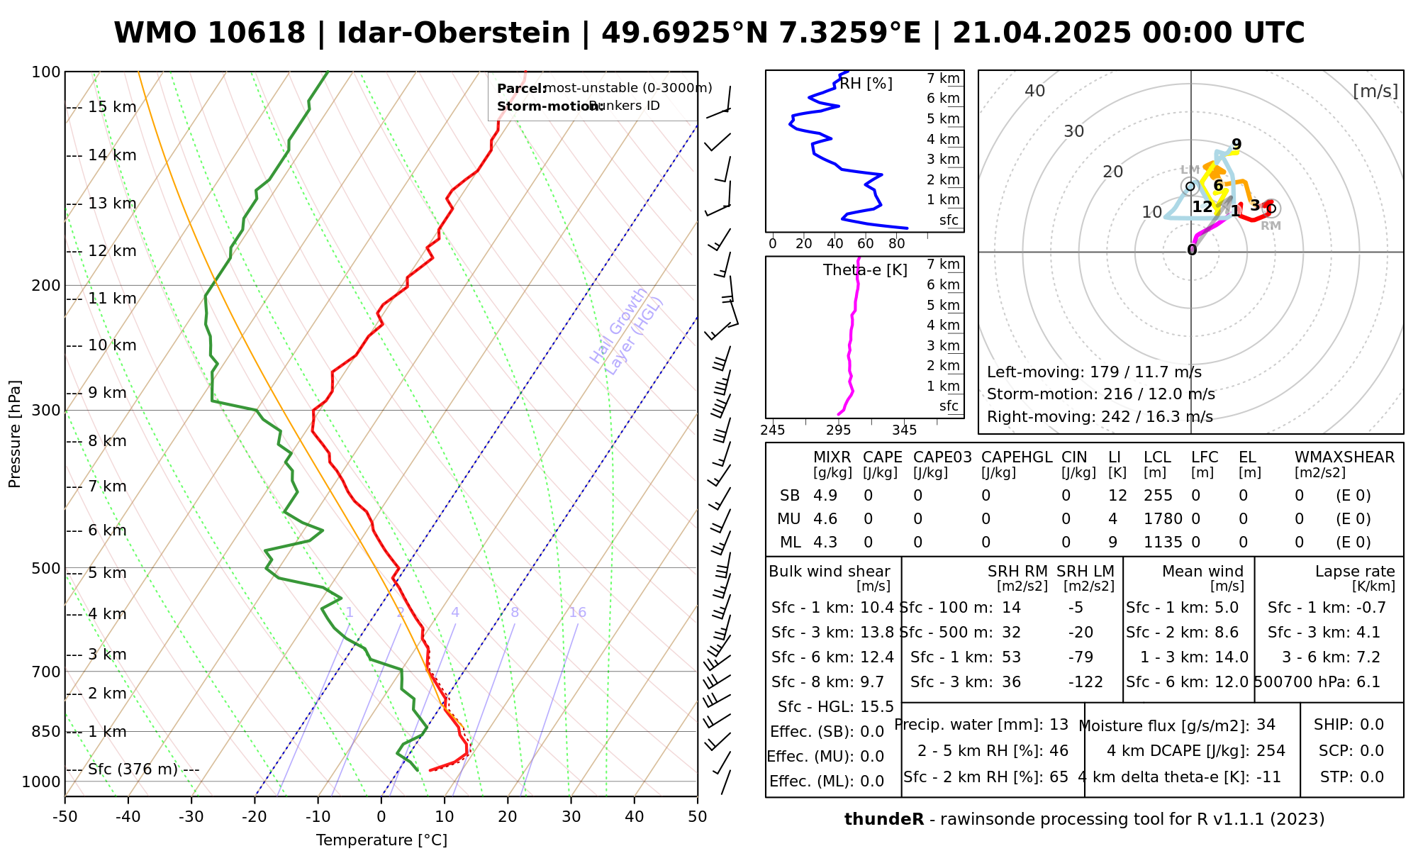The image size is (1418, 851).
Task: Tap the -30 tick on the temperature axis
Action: tap(191, 817)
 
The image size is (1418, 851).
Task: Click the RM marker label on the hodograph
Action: tap(1271, 226)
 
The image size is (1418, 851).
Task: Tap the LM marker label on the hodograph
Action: tap(1190, 169)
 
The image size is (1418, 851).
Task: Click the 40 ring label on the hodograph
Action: tap(1035, 91)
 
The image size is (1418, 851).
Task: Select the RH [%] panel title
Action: tap(866, 84)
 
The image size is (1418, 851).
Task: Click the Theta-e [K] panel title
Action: tap(865, 270)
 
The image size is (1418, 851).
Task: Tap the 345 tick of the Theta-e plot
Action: tap(904, 430)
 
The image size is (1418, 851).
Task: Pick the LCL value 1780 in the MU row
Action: tap(1163, 519)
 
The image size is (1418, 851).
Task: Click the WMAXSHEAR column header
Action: tap(1344, 457)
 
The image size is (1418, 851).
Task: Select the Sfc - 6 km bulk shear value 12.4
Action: tap(877, 657)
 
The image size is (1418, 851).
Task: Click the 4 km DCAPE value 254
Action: tap(1271, 751)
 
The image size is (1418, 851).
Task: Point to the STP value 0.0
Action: tap(1372, 777)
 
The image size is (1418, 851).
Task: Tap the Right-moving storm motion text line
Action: tap(1100, 417)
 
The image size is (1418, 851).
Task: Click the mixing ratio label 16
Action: tap(577, 613)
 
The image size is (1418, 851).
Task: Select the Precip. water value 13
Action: tap(1059, 725)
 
